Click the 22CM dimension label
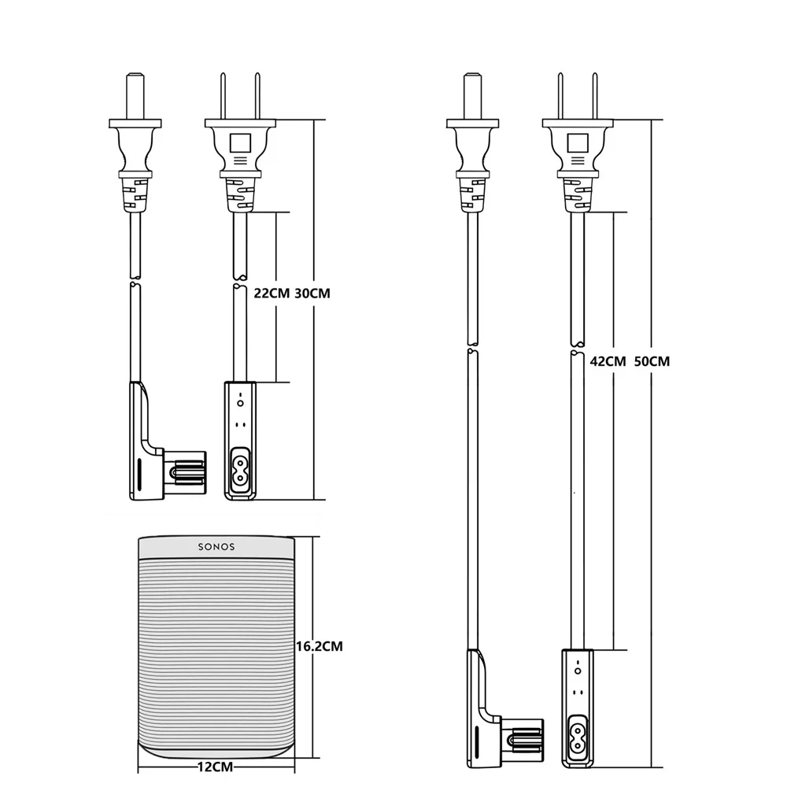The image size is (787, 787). (271, 294)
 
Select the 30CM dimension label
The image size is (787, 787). (312, 294)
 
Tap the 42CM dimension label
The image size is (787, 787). (608, 362)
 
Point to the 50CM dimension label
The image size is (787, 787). (652, 362)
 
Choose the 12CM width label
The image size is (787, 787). (214, 763)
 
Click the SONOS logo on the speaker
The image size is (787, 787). (216, 546)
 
